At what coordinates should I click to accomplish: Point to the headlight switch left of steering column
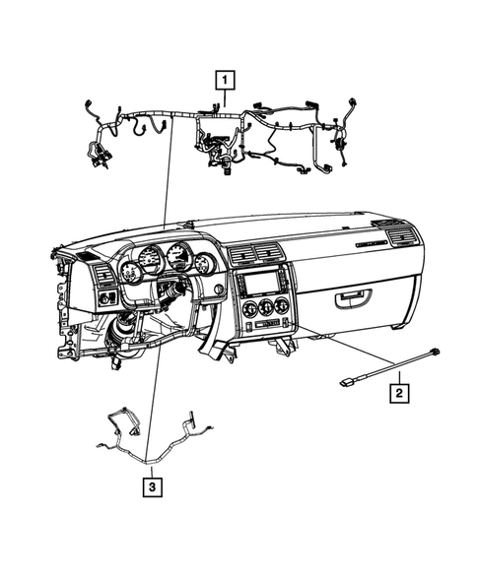tap(105, 296)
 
